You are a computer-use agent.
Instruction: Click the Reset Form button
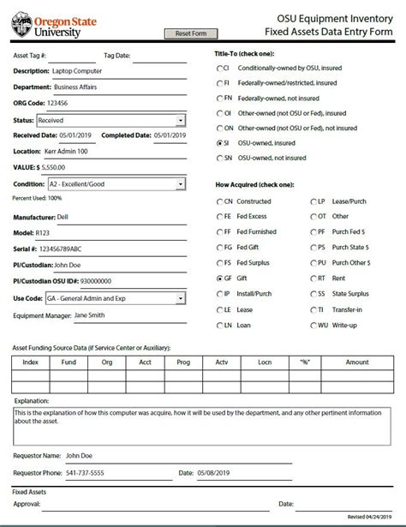tap(190, 33)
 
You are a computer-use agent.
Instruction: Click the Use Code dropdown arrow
tap(180, 298)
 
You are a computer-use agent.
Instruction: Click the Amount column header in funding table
tap(356, 362)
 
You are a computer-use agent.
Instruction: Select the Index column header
tap(31, 362)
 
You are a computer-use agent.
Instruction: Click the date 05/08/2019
tap(215, 472)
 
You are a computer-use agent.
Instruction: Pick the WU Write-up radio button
tap(313, 325)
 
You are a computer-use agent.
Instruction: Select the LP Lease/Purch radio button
tap(313, 201)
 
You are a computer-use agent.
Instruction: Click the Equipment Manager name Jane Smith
tap(92, 314)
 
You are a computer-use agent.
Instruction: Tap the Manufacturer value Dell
tap(64, 219)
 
